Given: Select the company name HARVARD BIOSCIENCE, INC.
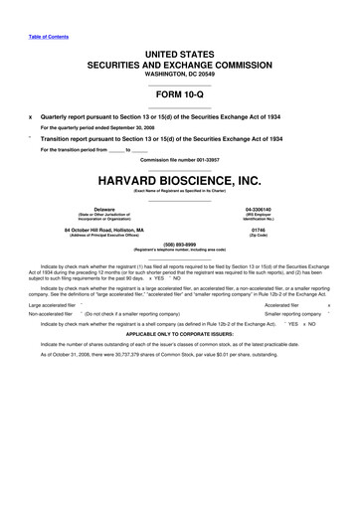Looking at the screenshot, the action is [x=179, y=181].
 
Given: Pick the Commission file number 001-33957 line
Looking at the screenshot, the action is [x=179, y=160].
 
